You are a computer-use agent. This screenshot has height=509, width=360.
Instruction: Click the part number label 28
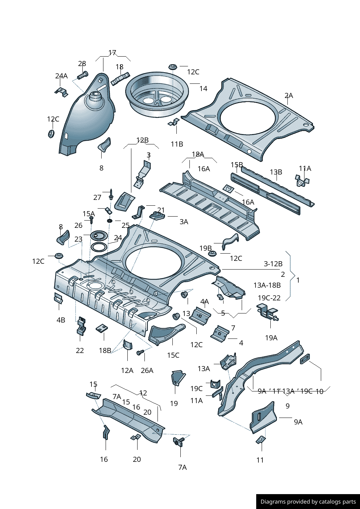coord(82,64)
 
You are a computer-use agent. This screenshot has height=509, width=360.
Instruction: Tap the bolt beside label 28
coord(83,75)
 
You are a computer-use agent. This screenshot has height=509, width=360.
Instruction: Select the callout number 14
coord(203,89)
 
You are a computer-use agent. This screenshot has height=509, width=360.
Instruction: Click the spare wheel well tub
coord(157,94)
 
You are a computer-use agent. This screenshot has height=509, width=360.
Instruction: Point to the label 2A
coord(289,95)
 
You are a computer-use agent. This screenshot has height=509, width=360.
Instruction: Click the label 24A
coord(61,76)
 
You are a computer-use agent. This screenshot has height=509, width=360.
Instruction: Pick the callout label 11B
coord(177,144)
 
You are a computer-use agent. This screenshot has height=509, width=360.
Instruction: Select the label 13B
coord(276,172)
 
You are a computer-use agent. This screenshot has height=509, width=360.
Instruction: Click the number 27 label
coord(97,197)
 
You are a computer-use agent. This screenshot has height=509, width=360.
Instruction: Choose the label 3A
coord(184,222)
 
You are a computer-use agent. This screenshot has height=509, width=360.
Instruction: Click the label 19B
coord(205,248)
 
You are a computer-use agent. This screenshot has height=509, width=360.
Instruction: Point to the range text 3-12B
coord(273,264)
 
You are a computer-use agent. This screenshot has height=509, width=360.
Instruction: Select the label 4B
coord(61,320)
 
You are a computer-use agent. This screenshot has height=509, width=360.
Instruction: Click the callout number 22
coord(80,350)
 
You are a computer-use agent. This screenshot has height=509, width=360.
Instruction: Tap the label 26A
coord(147,370)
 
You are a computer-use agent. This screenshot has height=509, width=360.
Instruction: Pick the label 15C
coord(173,355)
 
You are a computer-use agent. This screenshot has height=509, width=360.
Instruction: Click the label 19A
coord(271,338)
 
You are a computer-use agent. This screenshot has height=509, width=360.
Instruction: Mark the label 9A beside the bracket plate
coord(298,422)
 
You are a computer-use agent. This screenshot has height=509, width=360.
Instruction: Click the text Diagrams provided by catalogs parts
coord(308,502)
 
